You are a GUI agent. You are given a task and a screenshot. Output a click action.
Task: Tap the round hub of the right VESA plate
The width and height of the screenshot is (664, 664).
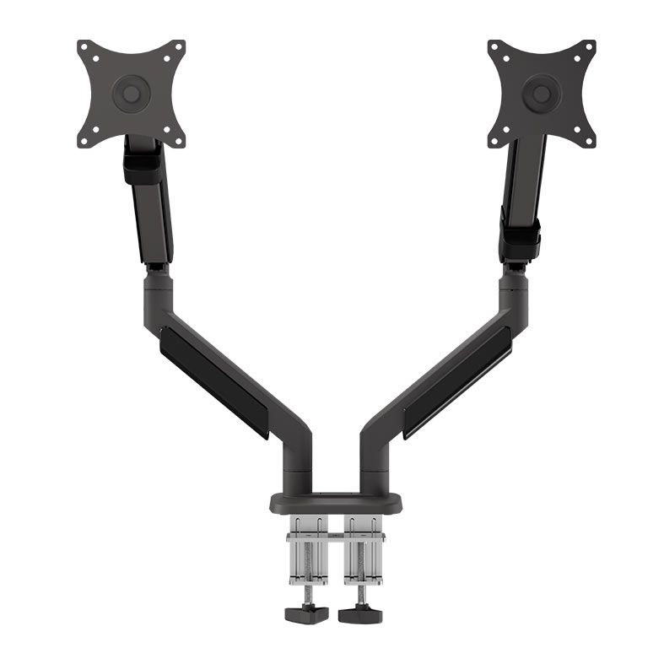pos(541,92)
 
